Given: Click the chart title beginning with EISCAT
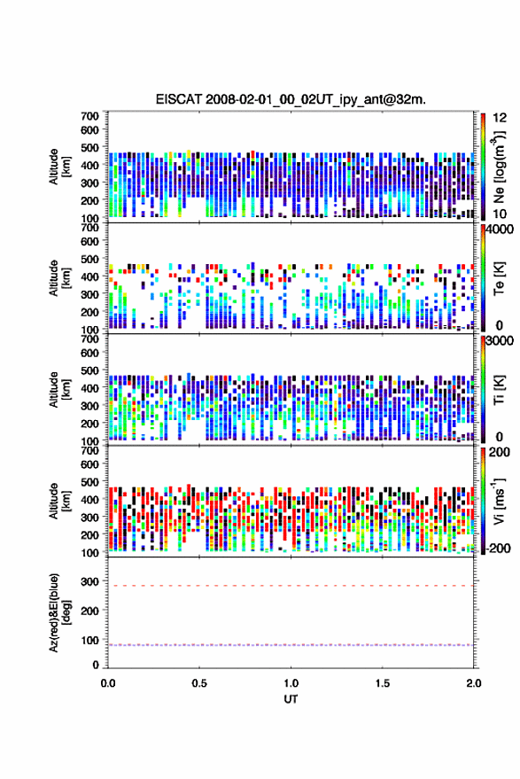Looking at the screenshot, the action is tap(291, 99).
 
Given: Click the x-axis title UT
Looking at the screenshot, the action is tap(291, 699).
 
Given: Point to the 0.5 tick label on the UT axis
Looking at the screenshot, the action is tap(199, 683).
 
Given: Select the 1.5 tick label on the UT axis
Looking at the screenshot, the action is tap(383, 683).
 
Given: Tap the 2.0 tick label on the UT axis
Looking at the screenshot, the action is tap(473, 683).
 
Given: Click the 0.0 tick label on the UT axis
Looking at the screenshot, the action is tap(108, 683).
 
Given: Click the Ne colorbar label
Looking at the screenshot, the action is tap(498, 167).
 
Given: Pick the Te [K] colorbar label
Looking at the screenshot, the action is tap(499, 278).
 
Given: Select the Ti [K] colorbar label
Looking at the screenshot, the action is tap(499, 390).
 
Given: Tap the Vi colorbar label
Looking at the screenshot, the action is tap(499, 501).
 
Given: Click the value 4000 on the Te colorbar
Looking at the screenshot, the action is tap(500, 230).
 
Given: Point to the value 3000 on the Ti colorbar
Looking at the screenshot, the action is tap(500, 341).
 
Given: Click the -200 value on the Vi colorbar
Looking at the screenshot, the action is tap(498, 548).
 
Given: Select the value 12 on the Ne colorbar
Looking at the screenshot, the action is tap(500, 118).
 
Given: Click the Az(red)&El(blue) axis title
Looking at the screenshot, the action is tap(59, 612).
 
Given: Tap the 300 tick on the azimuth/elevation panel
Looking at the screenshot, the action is tap(89, 581).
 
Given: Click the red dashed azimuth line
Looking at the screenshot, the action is tap(291, 586).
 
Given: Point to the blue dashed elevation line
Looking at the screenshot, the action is tap(291, 645).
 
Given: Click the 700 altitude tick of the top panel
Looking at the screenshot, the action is tap(89, 116).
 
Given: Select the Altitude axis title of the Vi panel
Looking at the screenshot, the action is tap(59, 501).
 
